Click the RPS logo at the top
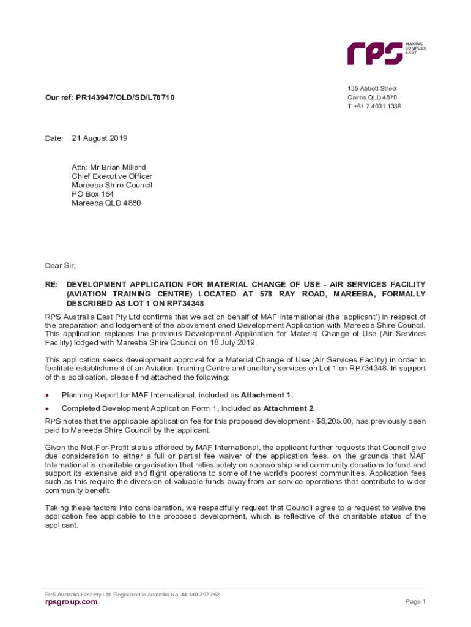[374, 53]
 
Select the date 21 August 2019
[100, 138]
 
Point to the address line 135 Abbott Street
[372, 88]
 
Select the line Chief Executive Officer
[112, 176]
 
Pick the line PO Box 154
[93, 194]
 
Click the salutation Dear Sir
[60, 266]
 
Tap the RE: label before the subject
[51, 285]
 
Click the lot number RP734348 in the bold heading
[182, 303]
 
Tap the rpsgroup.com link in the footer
[71, 602]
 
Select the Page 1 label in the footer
[415, 602]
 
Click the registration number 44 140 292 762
[199, 594]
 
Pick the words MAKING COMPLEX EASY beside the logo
[416, 48]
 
